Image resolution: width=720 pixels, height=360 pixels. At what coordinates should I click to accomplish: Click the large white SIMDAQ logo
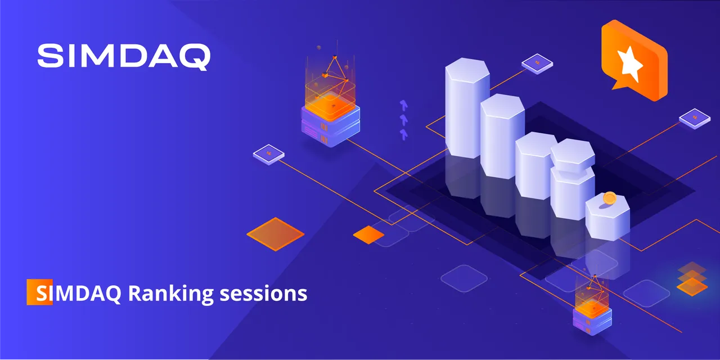click(124, 57)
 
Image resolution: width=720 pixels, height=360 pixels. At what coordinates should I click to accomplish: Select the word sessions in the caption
click(263, 294)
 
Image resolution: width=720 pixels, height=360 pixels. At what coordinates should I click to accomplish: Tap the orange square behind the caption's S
click(39, 292)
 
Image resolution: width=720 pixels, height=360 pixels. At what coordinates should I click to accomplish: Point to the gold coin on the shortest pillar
click(609, 198)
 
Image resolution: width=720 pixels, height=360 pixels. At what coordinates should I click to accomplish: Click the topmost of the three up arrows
click(404, 105)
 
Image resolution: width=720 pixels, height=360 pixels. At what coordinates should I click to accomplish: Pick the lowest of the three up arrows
click(404, 134)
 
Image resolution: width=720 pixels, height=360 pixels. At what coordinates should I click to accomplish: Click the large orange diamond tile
click(276, 234)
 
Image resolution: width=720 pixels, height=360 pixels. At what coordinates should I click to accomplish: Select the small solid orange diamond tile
click(368, 235)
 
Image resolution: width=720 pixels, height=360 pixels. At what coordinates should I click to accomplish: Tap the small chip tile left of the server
click(269, 155)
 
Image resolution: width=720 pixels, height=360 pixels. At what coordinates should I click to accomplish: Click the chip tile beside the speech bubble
click(537, 64)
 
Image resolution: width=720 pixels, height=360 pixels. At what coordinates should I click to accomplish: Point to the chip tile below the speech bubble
click(695, 119)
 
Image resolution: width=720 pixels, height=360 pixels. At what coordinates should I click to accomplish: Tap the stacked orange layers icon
click(692, 279)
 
